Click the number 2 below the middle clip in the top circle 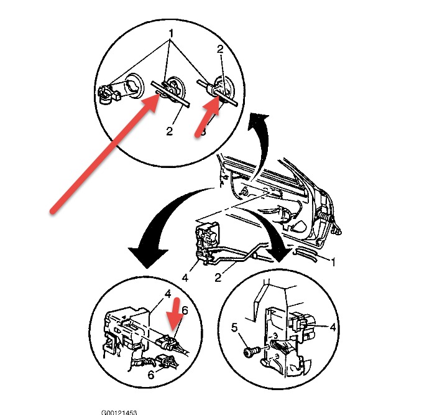(169, 132)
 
